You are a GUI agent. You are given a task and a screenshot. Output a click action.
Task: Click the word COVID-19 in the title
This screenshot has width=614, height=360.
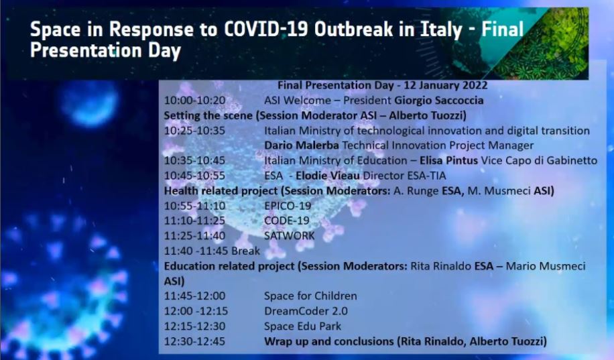pyautogui.click(x=266, y=29)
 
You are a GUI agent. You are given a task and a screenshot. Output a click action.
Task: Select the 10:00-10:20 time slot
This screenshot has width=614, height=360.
pyautogui.click(x=194, y=101)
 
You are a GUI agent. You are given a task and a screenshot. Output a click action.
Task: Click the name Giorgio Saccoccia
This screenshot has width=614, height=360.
pyautogui.click(x=438, y=101)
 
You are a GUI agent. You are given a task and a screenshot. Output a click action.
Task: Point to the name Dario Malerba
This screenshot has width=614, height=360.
pyautogui.click(x=302, y=145)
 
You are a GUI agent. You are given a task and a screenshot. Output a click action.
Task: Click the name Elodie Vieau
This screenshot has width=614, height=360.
pyautogui.click(x=328, y=176)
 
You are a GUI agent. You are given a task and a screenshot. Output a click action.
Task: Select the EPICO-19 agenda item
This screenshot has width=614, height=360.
pyautogui.click(x=288, y=206)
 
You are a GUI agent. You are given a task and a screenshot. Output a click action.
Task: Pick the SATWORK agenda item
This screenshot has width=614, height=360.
pyautogui.click(x=290, y=235)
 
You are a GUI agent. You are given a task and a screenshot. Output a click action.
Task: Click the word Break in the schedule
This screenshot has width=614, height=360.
pyautogui.click(x=245, y=251)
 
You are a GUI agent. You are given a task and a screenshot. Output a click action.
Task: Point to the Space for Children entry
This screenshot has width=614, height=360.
pyautogui.click(x=310, y=296)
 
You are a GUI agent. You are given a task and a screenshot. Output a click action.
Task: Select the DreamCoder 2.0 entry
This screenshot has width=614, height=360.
pyautogui.click(x=306, y=311)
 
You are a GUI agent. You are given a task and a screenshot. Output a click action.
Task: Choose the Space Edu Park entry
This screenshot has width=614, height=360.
pyautogui.click(x=303, y=326)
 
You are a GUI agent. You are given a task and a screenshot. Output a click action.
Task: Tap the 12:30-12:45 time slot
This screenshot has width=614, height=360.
pyautogui.click(x=194, y=341)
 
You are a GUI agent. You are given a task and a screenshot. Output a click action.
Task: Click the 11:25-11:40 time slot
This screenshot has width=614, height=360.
pyautogui.click(x=194, y=235)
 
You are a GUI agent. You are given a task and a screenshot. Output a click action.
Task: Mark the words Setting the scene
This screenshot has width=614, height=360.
pyautogui.click(x=208, y=115)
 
